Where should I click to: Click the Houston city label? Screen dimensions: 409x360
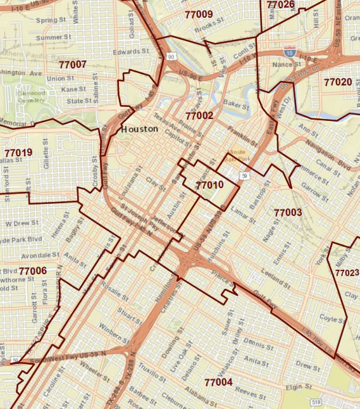click(x=139, y=129)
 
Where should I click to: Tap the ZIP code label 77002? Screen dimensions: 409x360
click(x=199, y=116)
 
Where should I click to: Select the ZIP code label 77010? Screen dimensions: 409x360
click(x=209, y=185)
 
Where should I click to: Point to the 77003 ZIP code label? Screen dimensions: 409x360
click(x=288, y=212)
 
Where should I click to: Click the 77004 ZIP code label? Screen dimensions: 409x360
click(x=219, y=382)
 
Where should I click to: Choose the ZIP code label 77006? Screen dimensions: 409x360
click(x=33, y=271)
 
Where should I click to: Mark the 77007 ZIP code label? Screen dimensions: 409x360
click(x=72, y=65)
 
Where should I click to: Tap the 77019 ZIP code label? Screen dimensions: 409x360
click(x=18, y=153)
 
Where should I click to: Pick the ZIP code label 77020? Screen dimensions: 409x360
click(x=338, y=82)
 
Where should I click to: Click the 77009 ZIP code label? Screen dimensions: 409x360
click(x=199, y=14)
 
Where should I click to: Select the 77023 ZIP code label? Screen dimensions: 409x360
click(x=347, y=273)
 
